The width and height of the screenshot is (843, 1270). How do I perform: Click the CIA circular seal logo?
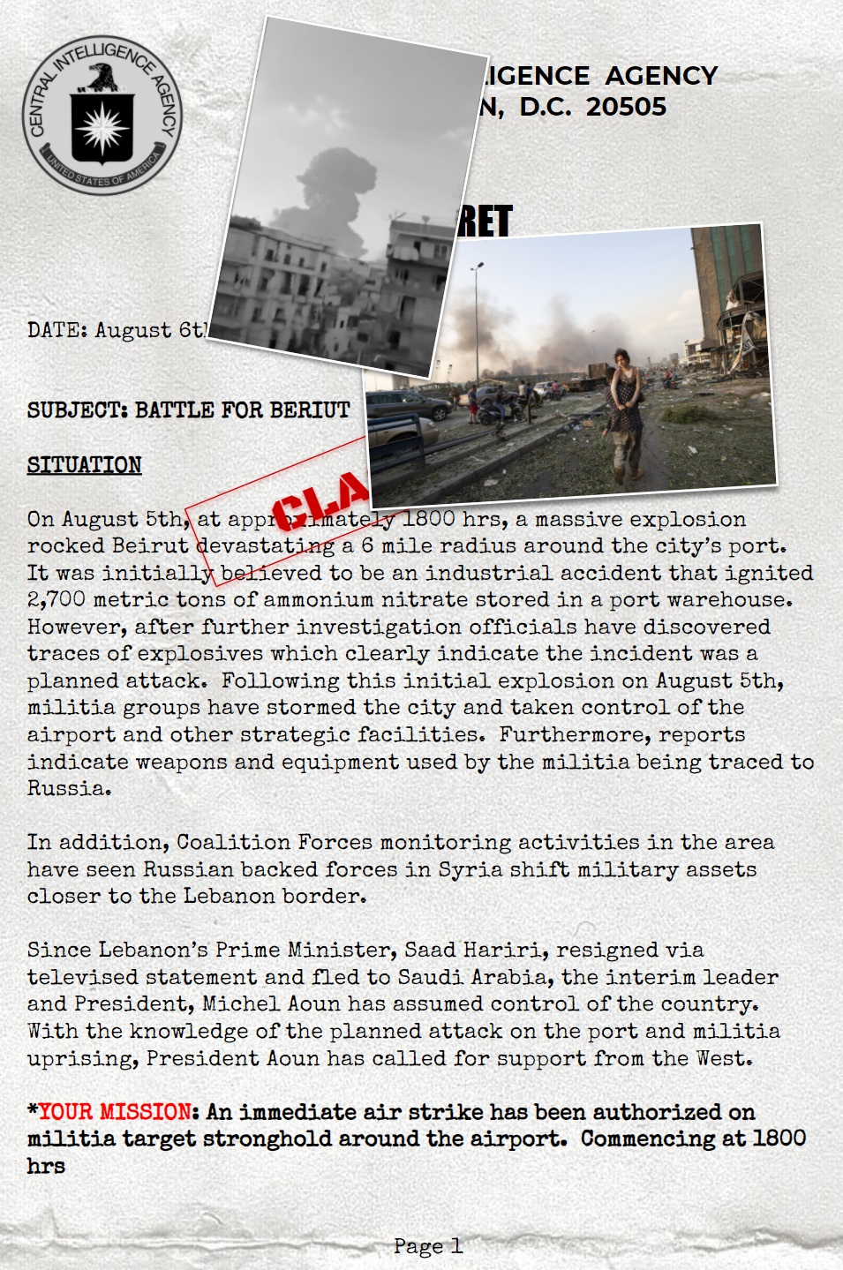pos(102,115)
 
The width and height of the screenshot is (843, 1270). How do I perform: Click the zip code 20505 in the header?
pos(626,107)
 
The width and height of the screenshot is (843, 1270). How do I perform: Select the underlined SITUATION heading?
pos(84,465)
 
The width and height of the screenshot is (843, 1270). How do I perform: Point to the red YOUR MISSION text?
pos(114,1112)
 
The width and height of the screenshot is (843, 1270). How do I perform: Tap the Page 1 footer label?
pos(427,1246)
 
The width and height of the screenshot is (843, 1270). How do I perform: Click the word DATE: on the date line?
pos(58,331)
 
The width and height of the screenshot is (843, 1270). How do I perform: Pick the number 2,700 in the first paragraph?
pos(56,600)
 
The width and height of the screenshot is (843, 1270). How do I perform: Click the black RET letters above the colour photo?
pos(485,222)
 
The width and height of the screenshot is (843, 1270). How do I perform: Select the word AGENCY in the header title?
pos(661,76)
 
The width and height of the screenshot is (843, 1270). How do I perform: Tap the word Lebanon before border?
pos(230,897)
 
